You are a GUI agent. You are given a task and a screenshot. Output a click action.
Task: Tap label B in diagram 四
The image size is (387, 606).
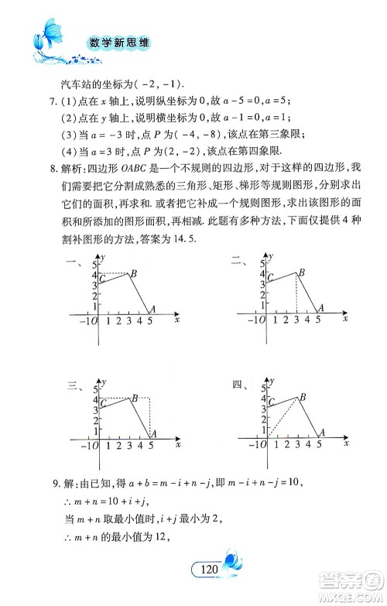click(303, 397)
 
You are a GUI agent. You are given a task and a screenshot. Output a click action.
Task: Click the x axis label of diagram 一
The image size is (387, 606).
click(177, 318)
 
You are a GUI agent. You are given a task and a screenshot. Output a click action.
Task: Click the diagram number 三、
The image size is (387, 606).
click(75, 385)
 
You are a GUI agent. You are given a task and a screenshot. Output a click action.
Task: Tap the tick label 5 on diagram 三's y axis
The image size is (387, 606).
click(96, 389)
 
